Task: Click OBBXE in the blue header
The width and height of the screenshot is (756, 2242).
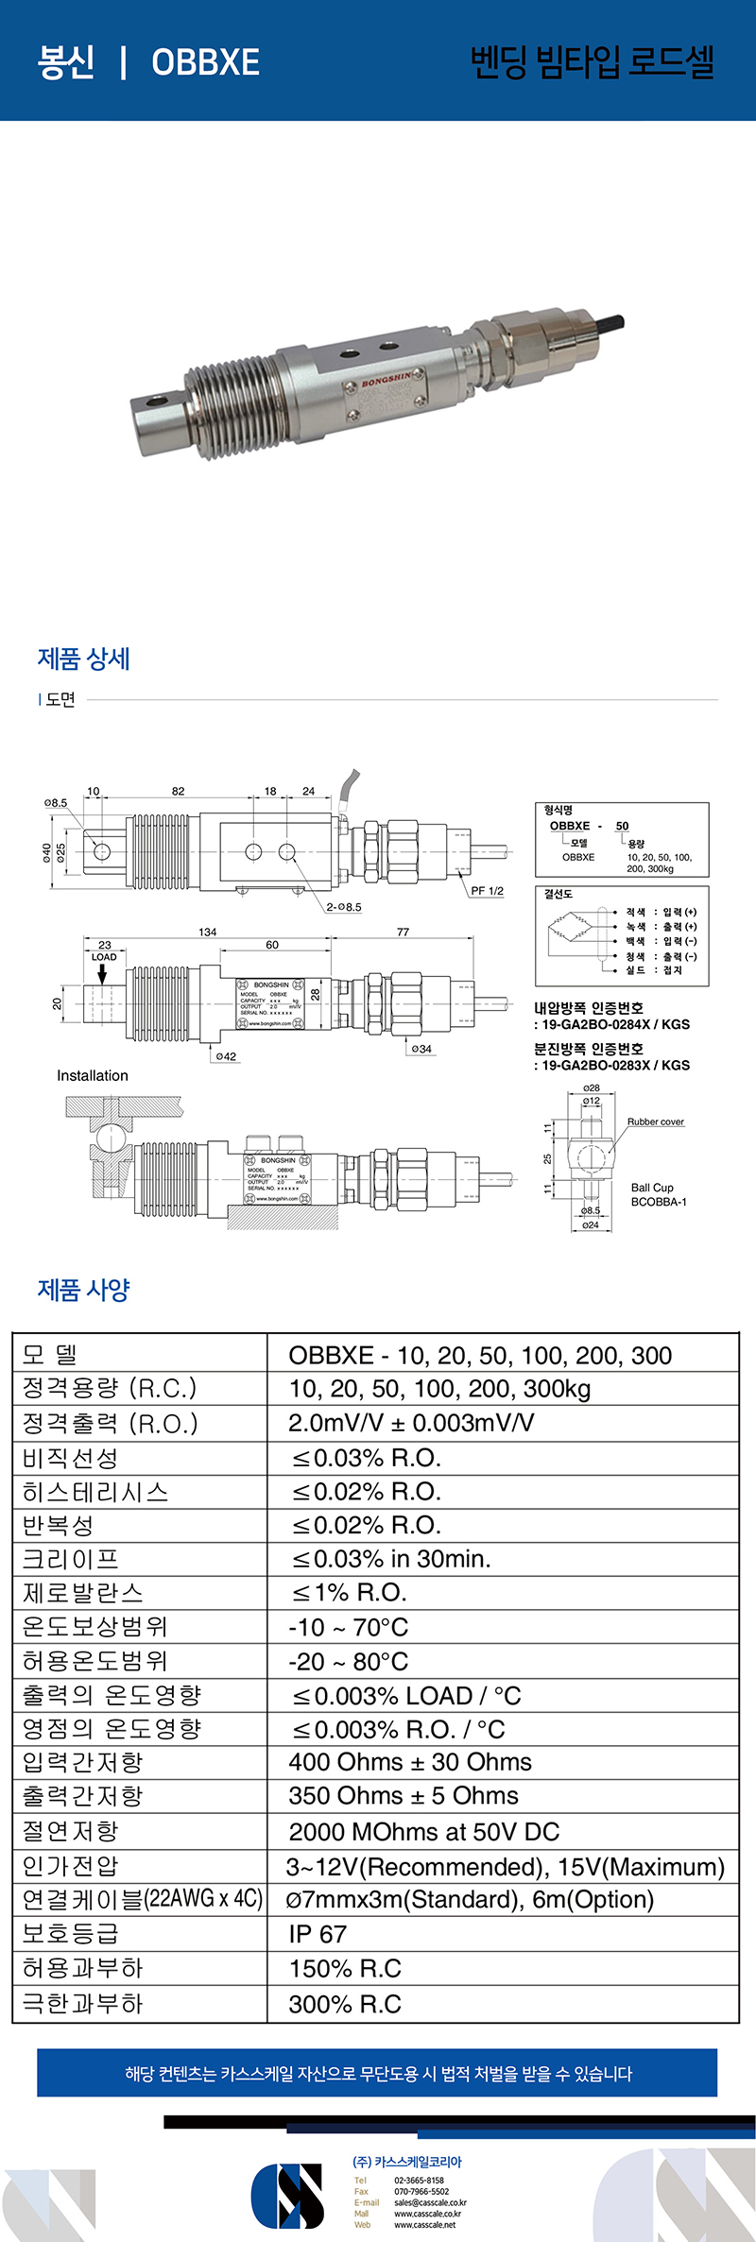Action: (x=205, y=62)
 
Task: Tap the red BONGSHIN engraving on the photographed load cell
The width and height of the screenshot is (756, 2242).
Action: (x=387, y=382)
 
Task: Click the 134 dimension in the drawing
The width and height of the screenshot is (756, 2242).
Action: (x=208, y=932)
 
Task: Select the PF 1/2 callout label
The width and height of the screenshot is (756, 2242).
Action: (x=487, y=891)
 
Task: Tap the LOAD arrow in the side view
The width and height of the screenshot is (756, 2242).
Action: (x=103, y=972)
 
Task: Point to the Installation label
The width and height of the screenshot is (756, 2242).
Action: (x=92, y=1075)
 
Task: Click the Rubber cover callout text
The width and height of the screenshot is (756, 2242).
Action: (x=655, y=1121)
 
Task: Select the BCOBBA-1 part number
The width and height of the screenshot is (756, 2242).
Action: (x=659, y=1202)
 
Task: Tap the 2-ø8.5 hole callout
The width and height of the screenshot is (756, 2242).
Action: (x=344, y=907)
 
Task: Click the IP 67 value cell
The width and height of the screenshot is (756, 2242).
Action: (x=318, y=1934)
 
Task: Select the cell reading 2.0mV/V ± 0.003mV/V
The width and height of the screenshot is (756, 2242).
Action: (x=411, y=1423)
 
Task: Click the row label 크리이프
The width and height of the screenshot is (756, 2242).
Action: (x=71, y=1559)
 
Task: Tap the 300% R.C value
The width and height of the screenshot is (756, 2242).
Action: (x=345, y=2004)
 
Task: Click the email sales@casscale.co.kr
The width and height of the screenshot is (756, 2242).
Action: (x=430, y=2202)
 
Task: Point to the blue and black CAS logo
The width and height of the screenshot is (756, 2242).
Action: (x=287, y=2195)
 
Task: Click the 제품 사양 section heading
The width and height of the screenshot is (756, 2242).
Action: (x=83, y=1290)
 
